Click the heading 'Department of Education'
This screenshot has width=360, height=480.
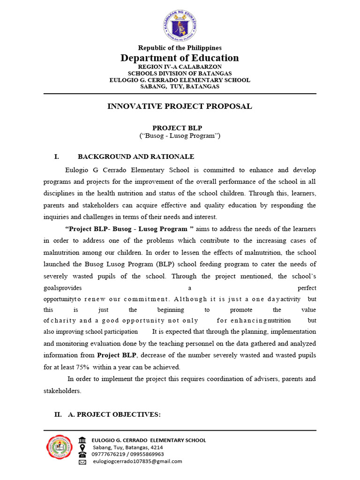tap(180, 58)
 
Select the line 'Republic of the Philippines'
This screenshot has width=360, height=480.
tap(180, 48)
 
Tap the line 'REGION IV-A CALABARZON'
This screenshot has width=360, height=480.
tap(180, 67)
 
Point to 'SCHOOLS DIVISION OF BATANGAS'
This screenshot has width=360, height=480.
tap(180, 74)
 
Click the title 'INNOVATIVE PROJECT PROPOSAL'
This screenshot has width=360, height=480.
tap(180, 106)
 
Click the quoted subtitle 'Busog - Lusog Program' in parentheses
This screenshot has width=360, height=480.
tap(180, 136)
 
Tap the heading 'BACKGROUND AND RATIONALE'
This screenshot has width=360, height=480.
tap(136, 157)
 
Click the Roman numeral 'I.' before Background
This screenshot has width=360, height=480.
tap(58, 157)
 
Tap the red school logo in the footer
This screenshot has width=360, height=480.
tap(59, 449)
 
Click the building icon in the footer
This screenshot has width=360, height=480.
tap(82, 440)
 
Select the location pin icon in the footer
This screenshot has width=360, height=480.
tap(82, 447)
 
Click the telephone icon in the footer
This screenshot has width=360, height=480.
tap(82, 454)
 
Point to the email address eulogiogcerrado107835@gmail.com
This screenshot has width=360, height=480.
tap(137, 461)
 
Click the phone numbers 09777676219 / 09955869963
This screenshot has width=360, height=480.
tap(128, 454)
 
